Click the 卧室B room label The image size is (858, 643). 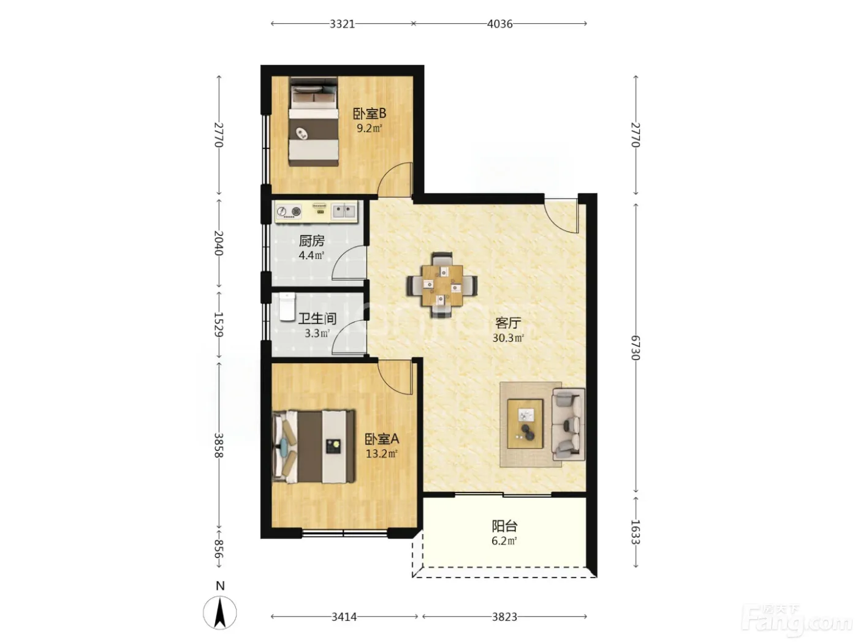coord(369,114)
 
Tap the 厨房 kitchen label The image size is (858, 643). coord(311,241)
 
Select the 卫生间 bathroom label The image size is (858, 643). coord(317,318)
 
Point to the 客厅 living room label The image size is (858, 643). coord(508,323)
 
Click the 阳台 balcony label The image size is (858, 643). coord(504,526)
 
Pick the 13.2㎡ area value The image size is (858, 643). coord(382,454)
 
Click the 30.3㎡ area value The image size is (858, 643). coord(508,337)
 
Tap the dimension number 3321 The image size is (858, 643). coord(342,24)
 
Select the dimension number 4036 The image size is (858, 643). coord(499,24)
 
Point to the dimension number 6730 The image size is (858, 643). coord(636,347)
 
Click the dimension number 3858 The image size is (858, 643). coord(219,445)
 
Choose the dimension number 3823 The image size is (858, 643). coord(504,617)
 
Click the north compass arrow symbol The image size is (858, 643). coord(220,613)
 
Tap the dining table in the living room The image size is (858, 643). coord(442,285)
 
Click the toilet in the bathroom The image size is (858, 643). coord(287,307)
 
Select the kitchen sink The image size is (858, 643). coord(344,211)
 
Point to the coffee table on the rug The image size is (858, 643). coord(525,424)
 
